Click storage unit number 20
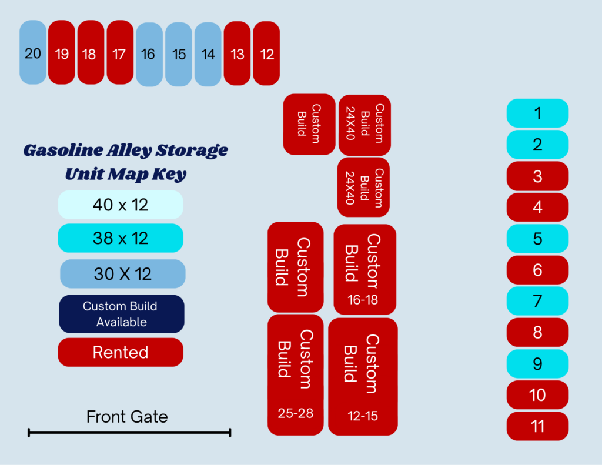click(33, 52)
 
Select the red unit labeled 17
click(120, 52)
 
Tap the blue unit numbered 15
click(179, 54)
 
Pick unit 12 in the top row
click(266, 53)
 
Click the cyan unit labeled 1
click(537, 113)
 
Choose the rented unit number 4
click(537, 208)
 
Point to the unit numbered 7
click(537, 301)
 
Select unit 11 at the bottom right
click(537, 426)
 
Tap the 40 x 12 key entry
click(121, 205)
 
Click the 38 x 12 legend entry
click(121, 238)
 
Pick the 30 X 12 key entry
click(123, 274)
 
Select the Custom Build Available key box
click(122, 314)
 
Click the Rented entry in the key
click(121, 353)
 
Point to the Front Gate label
click(127, 417)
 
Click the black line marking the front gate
click(129, 433)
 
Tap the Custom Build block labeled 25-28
click(296, 375)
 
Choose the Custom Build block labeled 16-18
click(365, 270)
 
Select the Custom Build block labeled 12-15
click(363, 377)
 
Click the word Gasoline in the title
click(63, 150)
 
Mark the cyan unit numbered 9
click(537, 364)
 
